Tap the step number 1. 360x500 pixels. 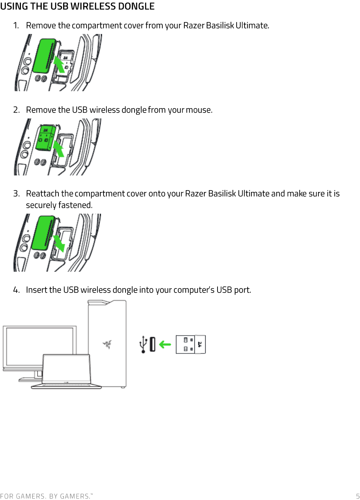click(x=16, y=26)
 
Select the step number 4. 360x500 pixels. click(x=16, y=290)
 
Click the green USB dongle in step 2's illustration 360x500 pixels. click(x=45, y=138)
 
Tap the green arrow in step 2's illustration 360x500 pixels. click(x=58, y=148)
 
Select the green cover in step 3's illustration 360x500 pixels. click(x=43, y=233)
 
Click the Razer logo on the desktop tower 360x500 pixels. click(x=107, y=344)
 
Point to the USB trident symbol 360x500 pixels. click(x=144, y=344)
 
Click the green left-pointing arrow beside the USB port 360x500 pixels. click(x=165, y=345)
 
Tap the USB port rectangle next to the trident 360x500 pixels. click(x=152, y=345)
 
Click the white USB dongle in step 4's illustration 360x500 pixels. click(x=190, y=345)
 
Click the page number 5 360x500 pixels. click(x=357, y=496)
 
